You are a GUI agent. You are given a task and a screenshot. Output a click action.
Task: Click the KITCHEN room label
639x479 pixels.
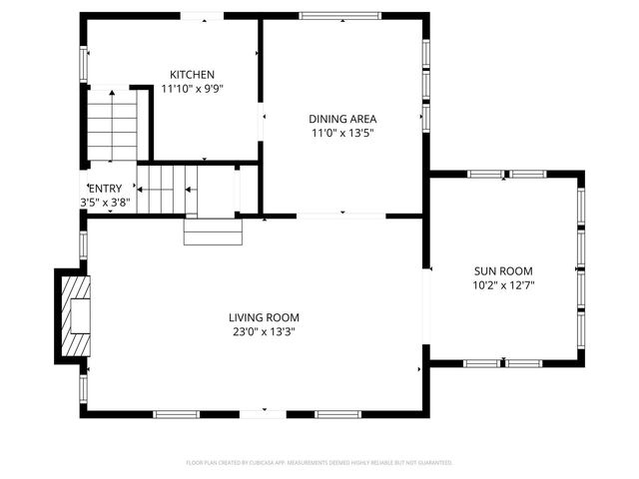tap(191, 75)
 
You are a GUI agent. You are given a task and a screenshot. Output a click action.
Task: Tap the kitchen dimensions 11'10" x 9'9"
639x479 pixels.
tap(191, 89)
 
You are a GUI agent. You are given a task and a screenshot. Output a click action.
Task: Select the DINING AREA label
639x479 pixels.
tap(342, 119)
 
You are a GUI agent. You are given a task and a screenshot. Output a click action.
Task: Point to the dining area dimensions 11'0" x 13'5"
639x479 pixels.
tap(342, 133)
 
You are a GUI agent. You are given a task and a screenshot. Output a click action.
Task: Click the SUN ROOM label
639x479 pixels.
tap(502, 270)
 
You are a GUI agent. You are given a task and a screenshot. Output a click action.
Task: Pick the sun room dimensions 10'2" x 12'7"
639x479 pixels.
tap(502, 284)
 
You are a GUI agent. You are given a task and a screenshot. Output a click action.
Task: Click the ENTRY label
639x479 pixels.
tap(105, 189)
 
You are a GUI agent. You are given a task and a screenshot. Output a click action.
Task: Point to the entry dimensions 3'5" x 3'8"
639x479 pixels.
tap(105, 202)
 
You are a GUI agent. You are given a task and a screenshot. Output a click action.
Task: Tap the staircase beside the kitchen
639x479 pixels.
tap(112, 125)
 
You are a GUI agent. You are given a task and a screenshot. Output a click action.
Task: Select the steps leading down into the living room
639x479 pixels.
tap(213, 231)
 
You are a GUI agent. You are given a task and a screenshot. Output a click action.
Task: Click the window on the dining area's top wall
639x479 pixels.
tap(333, 15)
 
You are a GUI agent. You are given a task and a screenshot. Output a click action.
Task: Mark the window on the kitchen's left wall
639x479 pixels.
tap(83, 62)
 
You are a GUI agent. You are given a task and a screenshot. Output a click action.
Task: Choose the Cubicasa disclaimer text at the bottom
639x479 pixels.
tap(319, 463)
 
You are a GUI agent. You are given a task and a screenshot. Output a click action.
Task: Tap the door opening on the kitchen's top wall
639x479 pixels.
tap(202, 15)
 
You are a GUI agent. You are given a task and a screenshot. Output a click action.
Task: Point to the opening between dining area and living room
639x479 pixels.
tap(340, 215)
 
